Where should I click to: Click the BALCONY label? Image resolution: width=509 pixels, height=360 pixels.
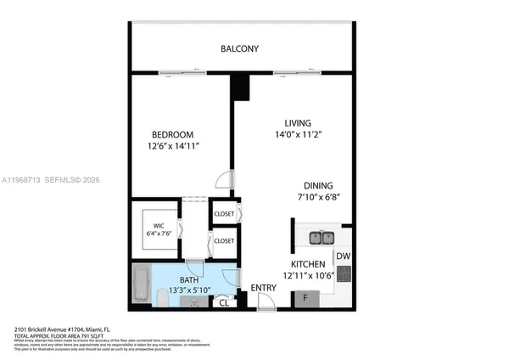[x=239, y=48]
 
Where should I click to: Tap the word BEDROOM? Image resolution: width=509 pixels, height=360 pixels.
[x=173, y=134]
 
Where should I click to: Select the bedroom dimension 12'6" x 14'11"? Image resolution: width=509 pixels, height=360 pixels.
[x=173, y=146]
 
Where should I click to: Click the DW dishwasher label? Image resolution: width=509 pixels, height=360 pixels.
[x=343, y=256]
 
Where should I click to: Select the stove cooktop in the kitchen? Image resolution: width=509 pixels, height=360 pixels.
[x=344, y=273]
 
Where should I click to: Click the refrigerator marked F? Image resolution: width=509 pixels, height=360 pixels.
[x=305, y=298]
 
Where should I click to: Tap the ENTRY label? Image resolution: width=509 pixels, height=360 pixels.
[x=263, y=288]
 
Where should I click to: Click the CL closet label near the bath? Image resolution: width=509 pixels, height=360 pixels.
[x=224, y=301]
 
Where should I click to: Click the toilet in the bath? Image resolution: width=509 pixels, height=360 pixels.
[x=165, y=297]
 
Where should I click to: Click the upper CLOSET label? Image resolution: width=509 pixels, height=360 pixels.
[x=224, y=214]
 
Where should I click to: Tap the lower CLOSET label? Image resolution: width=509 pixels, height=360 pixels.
[x=224, y=241]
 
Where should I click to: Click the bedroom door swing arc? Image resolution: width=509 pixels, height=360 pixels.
[x=222, y=178]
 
